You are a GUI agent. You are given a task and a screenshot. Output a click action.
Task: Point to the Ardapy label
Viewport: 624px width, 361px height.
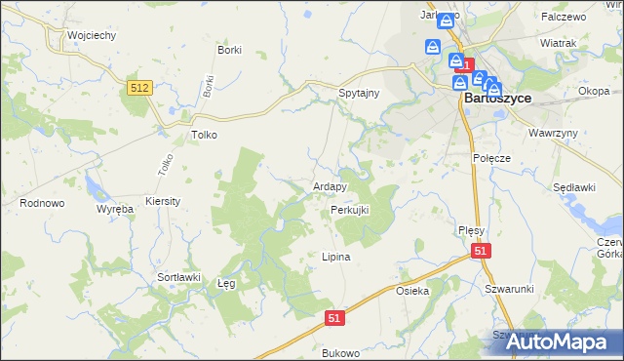tap(330, 186)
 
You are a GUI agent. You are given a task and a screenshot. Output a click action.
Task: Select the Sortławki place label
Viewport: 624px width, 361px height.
tap(178, 277)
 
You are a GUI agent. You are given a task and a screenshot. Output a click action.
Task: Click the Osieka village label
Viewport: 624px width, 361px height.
tap(412, 291)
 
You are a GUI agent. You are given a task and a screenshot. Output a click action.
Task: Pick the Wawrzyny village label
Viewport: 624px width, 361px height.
tap(554, 132)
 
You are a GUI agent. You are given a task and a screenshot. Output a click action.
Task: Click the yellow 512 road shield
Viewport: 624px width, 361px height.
tap(139, 88)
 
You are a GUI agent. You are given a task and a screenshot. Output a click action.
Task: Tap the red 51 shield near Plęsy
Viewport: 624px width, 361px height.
tap(481, 252)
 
